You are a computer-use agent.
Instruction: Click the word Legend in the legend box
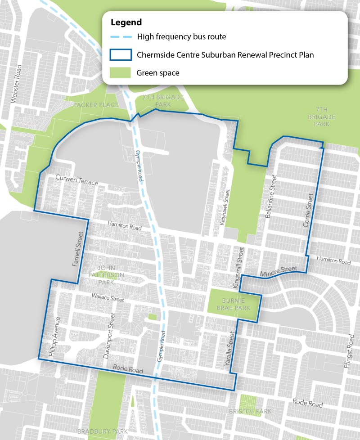(126, 22)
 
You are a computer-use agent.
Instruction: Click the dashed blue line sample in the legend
(120, 37)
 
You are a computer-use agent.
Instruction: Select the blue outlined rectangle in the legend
(120, 55)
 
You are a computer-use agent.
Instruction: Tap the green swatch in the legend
(120, 73)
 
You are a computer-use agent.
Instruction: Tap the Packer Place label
(96, 105)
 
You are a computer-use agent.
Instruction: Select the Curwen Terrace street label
(76, 180)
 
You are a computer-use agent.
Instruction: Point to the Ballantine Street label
(270, 203)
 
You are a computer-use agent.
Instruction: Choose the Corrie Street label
(308, 209)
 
